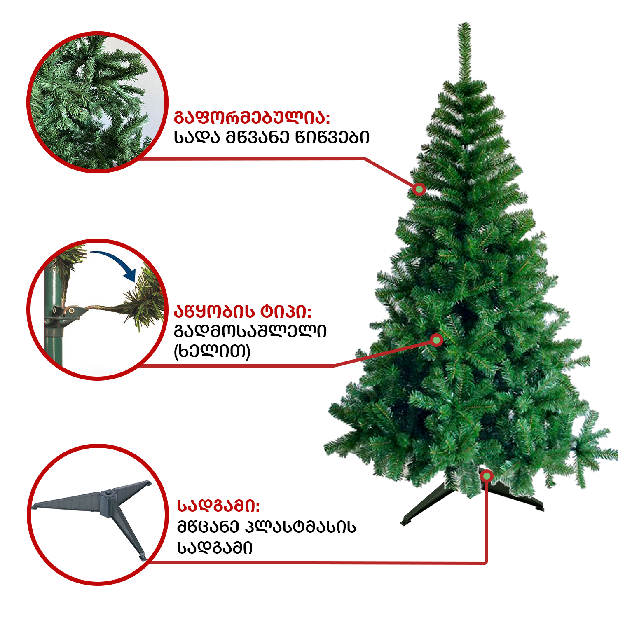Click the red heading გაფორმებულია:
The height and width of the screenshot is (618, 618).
coord(252,117)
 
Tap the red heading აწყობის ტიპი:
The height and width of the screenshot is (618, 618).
coord(243,311)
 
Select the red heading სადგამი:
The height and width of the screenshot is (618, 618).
coord(218,505)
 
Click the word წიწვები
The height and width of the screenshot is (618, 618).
coord(332,137)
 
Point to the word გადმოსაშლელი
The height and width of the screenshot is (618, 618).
coord(250,331)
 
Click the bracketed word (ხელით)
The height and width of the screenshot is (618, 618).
coord(212,351)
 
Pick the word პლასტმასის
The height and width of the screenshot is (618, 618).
coord(301,527)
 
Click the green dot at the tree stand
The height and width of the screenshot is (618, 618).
coord(487,476)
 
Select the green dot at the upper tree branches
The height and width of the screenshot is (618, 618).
coord(419,189)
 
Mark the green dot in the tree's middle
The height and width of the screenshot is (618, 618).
coord(436,340)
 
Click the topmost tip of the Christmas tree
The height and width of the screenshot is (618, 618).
coord(464,23)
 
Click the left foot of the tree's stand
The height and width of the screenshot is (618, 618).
coord(406,522)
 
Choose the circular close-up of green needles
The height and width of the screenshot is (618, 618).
coord(98,102)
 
